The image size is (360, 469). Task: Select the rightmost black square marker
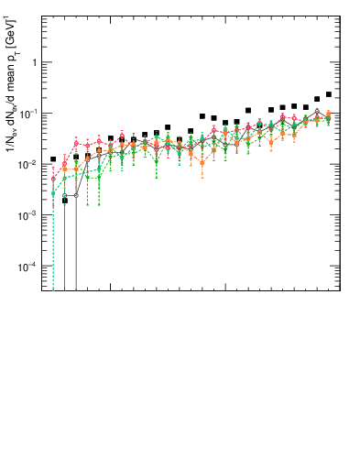click(x=329, y=94)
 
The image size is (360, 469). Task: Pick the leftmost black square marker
click(x=53, y=159)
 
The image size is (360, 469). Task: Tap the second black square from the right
click(x=317, y=99)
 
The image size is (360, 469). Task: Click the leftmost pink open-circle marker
click(x=53, y=178)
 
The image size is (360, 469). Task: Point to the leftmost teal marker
click(x=53, y=194)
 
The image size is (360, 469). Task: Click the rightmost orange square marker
click(x=329, y=114)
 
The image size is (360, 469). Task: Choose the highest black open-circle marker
click(x=317, y=111)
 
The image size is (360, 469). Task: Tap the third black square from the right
click(x=306, y=107)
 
